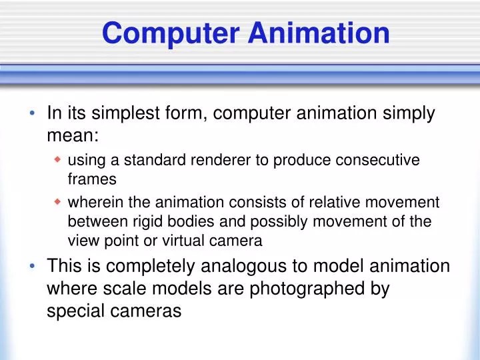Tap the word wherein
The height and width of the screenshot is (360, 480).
pyautogui.click(x=91, y=203)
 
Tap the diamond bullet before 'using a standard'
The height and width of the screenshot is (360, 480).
pyautogui.click(x=57, y=160)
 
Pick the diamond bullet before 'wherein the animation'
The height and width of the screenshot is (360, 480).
pyautogui.click(x=57, y=202)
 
